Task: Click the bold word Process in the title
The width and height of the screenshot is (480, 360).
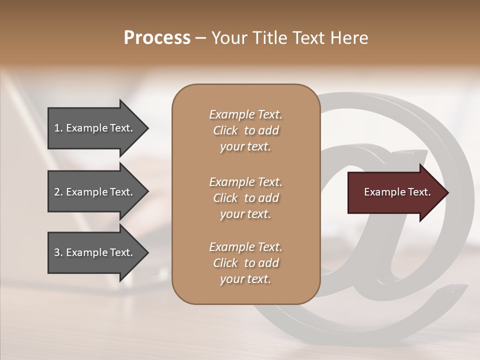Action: [x=157, y=38]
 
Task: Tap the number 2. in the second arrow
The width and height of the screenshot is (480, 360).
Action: [x=58, y=192]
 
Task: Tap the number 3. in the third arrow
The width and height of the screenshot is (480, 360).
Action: [x=58, y=252]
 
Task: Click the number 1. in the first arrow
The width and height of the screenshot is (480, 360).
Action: [x=58, y=128]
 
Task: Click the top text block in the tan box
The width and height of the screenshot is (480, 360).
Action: [x=245, y=130]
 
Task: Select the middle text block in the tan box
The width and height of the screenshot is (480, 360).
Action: [x=245, y=197]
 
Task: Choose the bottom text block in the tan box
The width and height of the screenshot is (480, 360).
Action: [x=245, y=263]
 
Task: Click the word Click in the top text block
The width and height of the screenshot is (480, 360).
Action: [x=225, y=130]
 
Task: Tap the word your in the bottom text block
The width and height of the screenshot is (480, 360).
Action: [x=231, y=279]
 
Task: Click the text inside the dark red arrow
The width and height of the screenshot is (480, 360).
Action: [x=397, y=192]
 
